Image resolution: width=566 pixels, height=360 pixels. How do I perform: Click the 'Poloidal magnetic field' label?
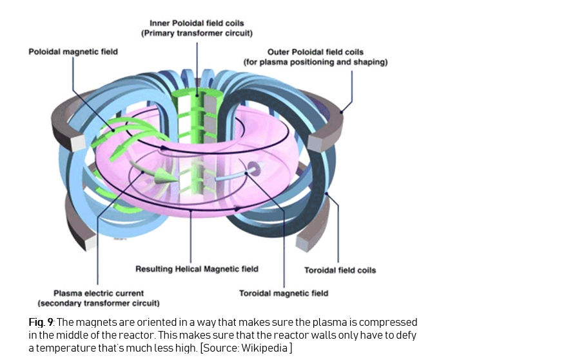click(x=73, y=51)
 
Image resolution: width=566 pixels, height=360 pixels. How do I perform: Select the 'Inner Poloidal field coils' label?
click(x=197, y=23)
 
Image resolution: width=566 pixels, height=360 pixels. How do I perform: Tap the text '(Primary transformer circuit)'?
click(x=197, y=33)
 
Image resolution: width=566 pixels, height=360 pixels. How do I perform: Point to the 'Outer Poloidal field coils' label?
click(x=315, y=52)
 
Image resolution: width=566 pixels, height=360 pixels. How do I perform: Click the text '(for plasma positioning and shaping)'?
click(x=315, y=62)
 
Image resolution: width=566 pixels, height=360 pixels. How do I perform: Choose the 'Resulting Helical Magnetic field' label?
click(x=197, y=269)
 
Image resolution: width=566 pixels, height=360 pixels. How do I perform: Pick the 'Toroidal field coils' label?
click(x=340, y=270)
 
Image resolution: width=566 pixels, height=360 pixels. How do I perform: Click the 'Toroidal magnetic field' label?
click(x=284, y=293)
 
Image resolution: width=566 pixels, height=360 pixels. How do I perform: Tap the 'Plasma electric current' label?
click(x=99, y=293)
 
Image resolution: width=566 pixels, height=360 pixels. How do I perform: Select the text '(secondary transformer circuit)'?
click(x=99, y=303)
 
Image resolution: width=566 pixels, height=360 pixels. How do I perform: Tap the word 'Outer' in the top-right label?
click(x=279, y=52)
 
